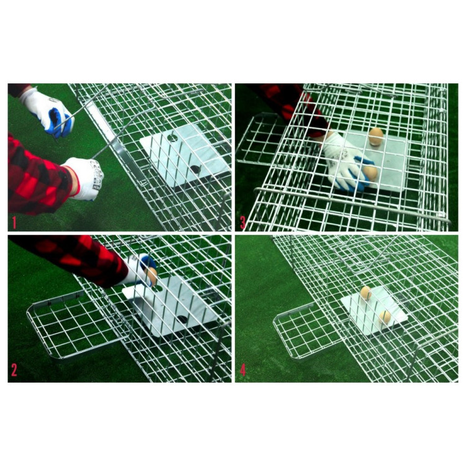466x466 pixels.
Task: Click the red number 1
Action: pyautogui.click(x=14, y=222)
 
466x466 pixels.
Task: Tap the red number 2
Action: pyautogui.click(x=14, y=370)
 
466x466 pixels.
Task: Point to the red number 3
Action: pyautogui.click(x=242, y=222)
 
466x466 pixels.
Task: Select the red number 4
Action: pyautogui.click(x=243, y=370)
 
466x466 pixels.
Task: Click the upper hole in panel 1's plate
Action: pyautogui.click(x=171, y=137)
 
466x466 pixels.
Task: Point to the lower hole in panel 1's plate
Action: pyautogui.click(x=195, y=170)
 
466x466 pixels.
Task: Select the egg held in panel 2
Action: pyautogui.click(x=152, y=275)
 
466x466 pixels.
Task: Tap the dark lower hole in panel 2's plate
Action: pyautogui.click(x=182, y=320)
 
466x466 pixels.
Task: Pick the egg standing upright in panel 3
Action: pyautogui.click(x=376, y=136)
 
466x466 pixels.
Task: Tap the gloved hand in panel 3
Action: pyautogui.click(x=348, y=162)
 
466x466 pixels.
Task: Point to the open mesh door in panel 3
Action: pyautogui.click(x=260, y=140)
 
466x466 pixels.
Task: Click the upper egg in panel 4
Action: pyautogui.click(x=365, y=293)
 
